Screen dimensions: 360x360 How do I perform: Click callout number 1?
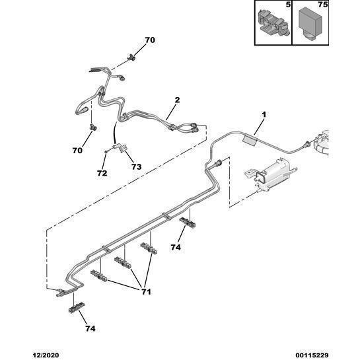coord(264,114)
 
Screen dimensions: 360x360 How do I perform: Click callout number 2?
coord(177,100)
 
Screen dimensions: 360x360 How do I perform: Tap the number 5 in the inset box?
coord(288,5)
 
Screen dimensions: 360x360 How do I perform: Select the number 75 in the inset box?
coord(323,5)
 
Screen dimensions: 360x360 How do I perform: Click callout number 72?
coord(102,173)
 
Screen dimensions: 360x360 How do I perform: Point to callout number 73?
coord(136,167)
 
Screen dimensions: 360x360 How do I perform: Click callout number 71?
coord(146,292)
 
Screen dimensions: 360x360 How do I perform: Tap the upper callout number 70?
coord(150,40)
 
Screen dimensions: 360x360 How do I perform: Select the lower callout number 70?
coord(77,151)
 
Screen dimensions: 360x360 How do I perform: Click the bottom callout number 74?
coord(90,328)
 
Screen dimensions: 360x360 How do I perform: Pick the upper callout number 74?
coord(176,247)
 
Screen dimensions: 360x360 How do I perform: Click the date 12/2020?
coord(46,355)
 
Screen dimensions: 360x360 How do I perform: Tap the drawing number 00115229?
coord(312,355)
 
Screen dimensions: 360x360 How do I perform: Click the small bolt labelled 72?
coord(106,151)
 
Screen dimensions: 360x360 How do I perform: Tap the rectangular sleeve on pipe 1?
coord(250,139)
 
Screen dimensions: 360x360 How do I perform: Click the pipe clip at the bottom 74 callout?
coord(77,307)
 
